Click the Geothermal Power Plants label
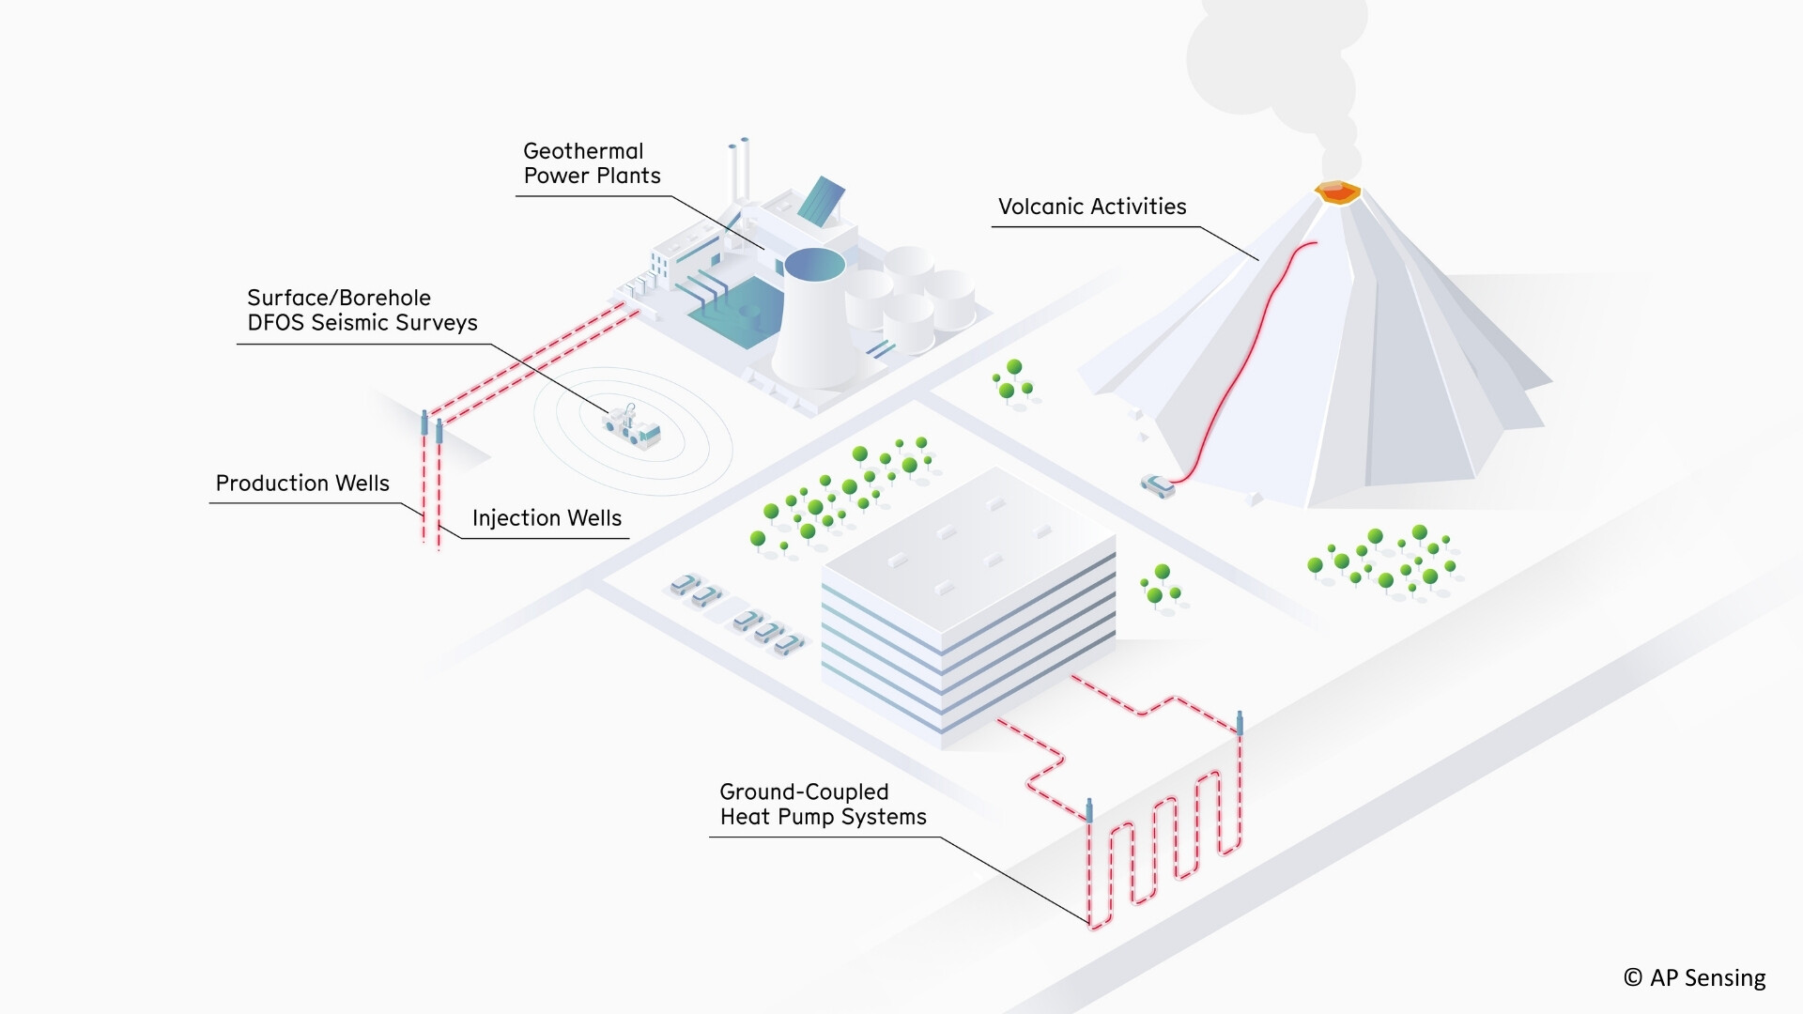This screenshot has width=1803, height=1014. click(x=592, y=163)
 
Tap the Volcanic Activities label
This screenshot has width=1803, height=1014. click(x=1091, y=207)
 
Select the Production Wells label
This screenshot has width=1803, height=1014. click(x=302, y=484)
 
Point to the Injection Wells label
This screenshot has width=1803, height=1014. click(x=547, y=518)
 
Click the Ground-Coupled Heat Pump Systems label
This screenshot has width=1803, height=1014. click(x=822, y=805)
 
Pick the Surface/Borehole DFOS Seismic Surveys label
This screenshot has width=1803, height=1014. click(x=362, y=310)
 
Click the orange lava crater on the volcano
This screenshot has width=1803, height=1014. click(x=1337, y=192)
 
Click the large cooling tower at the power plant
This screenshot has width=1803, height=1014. click(x=812, y=319)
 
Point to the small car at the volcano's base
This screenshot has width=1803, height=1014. click(x=1158, y=485)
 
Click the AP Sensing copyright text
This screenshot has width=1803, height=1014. click(x=1695, y=977)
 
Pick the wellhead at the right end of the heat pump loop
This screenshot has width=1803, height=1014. click(x=1241, y=723)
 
